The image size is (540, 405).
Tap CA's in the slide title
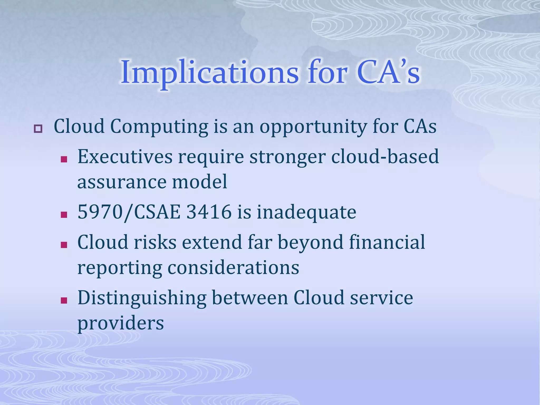(388, 73)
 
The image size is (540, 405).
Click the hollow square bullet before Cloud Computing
(38, 129)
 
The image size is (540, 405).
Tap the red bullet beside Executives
(64, 159)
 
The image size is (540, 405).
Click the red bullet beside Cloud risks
(64, 245)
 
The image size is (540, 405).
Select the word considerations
(233, 268)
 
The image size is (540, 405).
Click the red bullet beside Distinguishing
(64, 300)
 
